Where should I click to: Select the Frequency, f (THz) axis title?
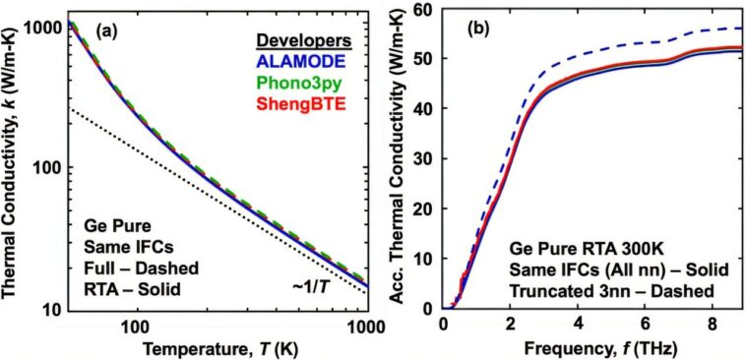click(591, 347)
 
